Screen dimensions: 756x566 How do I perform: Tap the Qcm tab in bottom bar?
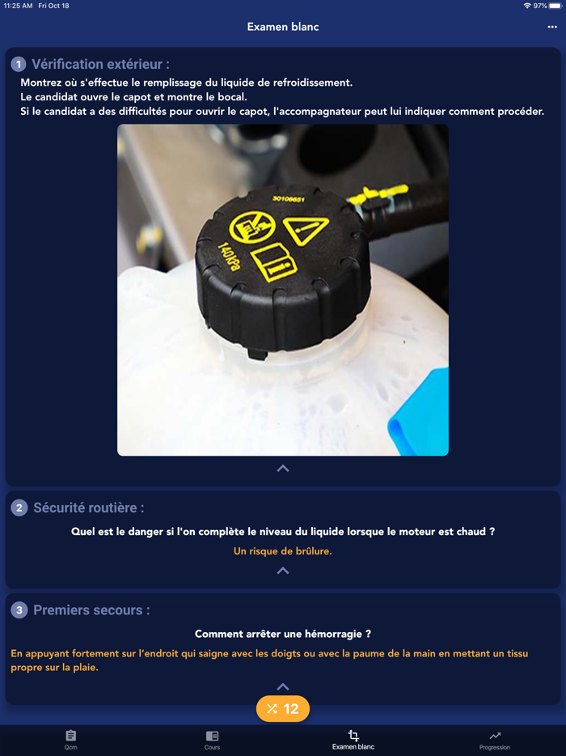coord(70,740)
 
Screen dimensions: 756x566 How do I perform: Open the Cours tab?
coord(212,740)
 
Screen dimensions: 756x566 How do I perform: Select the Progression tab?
coord(494,740)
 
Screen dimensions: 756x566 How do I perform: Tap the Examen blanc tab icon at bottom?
coord(353,737)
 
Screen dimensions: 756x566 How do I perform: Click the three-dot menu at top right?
coord(552,27)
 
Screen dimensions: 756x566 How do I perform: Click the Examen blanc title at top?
coord(283,27)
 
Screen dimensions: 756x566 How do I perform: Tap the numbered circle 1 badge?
coord(18,65)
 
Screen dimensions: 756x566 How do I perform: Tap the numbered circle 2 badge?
coord(19,508)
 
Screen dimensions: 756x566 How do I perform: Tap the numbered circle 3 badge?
coord(19,610)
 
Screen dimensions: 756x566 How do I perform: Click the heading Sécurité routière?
coord(89,508)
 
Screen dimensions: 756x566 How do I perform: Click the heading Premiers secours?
coord(91,610)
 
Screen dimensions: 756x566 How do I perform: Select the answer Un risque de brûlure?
coord(283,551)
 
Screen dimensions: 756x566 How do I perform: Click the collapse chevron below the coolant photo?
coord(283,469)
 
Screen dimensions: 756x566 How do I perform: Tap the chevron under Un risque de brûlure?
coord(283,571)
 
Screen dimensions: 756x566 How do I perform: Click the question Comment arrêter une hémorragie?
coord(283,634)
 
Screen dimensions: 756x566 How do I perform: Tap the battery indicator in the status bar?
coord(555,6)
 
